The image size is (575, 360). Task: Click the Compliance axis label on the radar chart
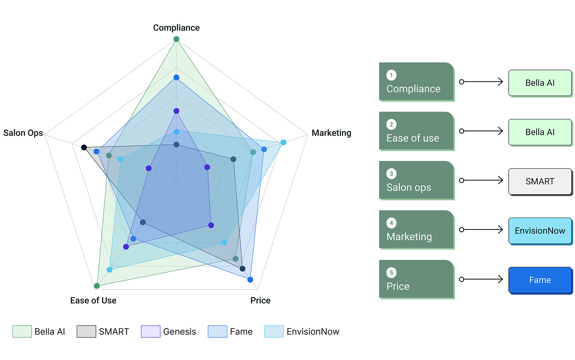(176, 28)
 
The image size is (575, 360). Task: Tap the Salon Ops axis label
(23, 133)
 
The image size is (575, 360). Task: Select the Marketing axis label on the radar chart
(331, 133)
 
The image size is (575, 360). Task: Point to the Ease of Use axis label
(93, 301)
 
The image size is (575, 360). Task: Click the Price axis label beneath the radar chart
(260, 301)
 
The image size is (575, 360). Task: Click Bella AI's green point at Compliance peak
(176, 39)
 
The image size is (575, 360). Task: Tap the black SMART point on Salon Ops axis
(84, 148)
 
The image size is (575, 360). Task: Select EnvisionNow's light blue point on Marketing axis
(284, 142)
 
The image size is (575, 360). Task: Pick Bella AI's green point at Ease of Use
(97, 286)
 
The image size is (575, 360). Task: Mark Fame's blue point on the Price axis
(250, 280)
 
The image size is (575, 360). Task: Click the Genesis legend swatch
(151, 332)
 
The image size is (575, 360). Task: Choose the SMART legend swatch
(86, 332)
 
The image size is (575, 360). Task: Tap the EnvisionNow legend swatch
(274, 332)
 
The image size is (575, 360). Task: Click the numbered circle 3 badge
(391, 174)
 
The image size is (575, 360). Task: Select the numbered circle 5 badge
(391, 273)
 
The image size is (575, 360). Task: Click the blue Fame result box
(540, 280)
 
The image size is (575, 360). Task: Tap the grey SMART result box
(540, 182)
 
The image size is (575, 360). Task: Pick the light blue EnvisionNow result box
(540, 231)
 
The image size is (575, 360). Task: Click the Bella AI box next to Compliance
(540, 83)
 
